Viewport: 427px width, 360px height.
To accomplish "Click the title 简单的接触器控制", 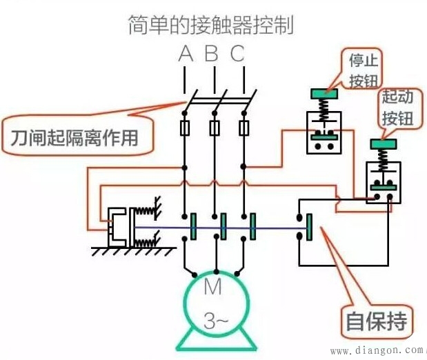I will (211, 26).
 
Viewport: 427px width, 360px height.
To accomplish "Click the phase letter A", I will (185, 54).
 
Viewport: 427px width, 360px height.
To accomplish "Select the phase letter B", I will (212, 54).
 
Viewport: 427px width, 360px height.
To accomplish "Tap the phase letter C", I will (238, 54).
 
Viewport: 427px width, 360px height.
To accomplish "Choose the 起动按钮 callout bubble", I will (399, 110).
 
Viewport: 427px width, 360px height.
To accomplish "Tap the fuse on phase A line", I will (185, 128).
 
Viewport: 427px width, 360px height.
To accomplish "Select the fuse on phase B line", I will (215, 128).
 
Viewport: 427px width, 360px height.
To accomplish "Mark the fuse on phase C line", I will (244, 128).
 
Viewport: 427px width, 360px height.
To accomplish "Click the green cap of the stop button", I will (322, 94).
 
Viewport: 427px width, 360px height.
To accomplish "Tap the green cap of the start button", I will (384, 144).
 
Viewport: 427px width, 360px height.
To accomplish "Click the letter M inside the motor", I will (213, 287).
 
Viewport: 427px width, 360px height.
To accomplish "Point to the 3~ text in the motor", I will (213, 320).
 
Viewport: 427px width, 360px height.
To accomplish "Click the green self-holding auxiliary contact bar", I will (309, 227).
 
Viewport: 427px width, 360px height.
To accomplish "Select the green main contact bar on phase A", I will (193, 226).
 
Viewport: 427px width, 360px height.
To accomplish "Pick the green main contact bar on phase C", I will (252, 226).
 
